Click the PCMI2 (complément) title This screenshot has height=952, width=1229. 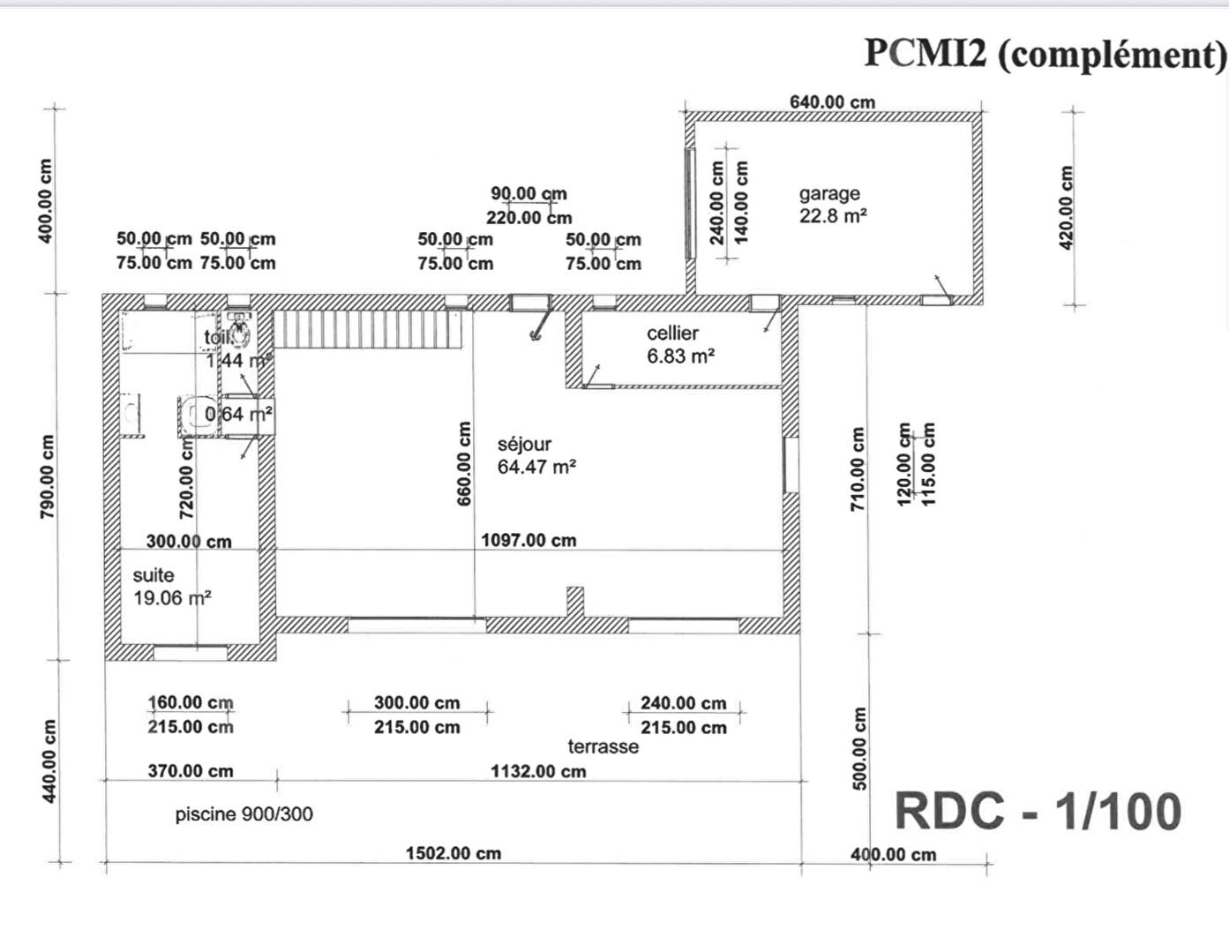(x=1045, y=54)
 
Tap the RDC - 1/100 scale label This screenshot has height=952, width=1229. (x=1038, y=812)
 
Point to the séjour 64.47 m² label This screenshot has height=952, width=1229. (x=536, y=456)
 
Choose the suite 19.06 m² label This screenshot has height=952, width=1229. (x=171, y=587)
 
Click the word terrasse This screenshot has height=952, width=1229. (x=603, y=746)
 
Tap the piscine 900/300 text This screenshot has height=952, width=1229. (x=244, y=814)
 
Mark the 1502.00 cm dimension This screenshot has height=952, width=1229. (x=453, y=853)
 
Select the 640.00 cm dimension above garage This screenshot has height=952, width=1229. (x=832, y=101)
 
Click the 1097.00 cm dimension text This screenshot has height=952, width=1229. (x=528, y=540)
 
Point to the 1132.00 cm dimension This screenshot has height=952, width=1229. (x=538, y=771)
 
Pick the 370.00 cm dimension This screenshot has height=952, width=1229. (x=190, y=771)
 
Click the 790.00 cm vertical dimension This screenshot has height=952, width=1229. (x=47, y=476)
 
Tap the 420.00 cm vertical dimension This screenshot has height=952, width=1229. (x=1066, y=207)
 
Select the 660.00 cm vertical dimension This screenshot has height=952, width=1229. (x=464, y=464)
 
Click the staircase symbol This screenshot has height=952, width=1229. (x=369, y=328)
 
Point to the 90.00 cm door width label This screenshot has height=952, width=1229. (x=528, y=193)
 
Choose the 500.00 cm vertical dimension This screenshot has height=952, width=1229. (x=859, y=748)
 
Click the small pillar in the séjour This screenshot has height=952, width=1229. (x=574, y=602)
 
